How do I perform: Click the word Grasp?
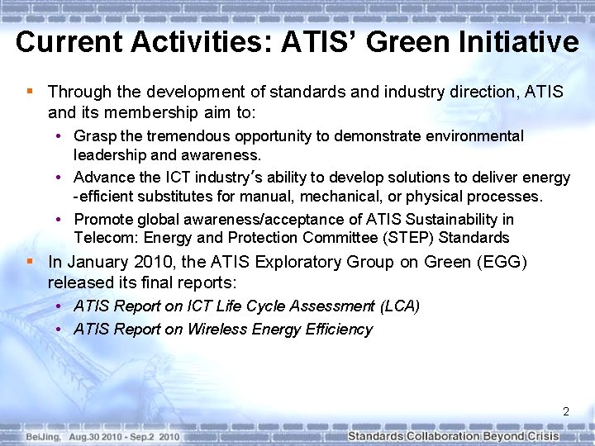(x=93, y=135)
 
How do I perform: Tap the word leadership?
(x=109, y=154)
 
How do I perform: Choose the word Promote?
(x=102, y=219)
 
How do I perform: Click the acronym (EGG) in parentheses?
(x=502, y=262)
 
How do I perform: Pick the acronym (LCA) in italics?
(x=399, y=306)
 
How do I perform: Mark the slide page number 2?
(x=566, y=410)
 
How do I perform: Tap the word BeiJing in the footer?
(x=41, y=436)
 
